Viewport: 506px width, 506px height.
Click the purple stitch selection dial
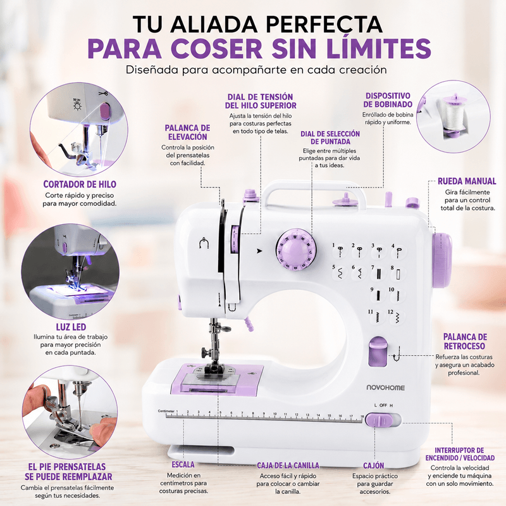295,250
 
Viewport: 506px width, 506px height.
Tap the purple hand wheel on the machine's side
441,260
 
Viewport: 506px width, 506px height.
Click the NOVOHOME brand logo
385,388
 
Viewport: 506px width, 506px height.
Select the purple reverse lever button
378,351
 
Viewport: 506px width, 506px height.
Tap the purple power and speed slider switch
379,420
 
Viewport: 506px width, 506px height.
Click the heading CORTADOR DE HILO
80,184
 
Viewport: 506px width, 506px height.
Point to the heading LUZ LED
71,327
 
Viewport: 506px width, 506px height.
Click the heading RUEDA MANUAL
467,181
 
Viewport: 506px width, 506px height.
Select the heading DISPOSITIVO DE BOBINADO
388,100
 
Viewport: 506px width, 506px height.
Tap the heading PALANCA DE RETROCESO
464,341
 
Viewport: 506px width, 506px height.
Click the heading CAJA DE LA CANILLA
288,465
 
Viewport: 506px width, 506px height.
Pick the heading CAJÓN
374,465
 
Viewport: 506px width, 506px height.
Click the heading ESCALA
183,465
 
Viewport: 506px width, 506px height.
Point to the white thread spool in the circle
452,114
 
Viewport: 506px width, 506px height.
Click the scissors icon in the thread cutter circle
103,94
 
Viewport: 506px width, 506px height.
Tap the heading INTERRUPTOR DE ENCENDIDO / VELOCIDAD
460,454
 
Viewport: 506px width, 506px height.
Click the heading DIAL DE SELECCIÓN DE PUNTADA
330,137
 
